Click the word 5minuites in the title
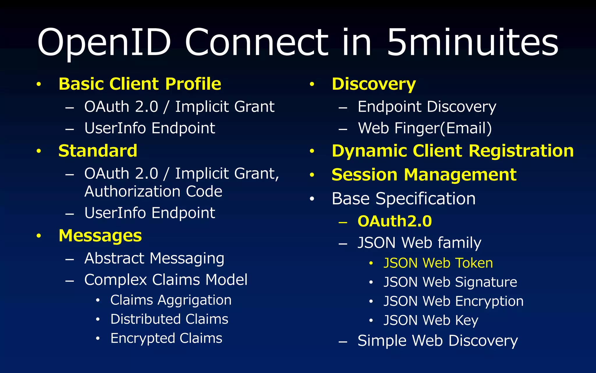472,42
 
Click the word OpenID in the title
104,42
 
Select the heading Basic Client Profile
140,84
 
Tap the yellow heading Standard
98,151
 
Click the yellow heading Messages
100,235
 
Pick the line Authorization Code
153,191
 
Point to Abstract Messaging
154,258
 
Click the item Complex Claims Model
166,280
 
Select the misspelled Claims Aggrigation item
171,300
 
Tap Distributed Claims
169,319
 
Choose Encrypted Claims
166,338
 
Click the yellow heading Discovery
374,84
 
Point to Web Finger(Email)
425,128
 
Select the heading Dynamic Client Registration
453,151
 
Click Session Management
424,175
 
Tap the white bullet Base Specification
404,199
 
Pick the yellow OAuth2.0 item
395,221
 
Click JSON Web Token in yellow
438,263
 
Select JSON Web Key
431,320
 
